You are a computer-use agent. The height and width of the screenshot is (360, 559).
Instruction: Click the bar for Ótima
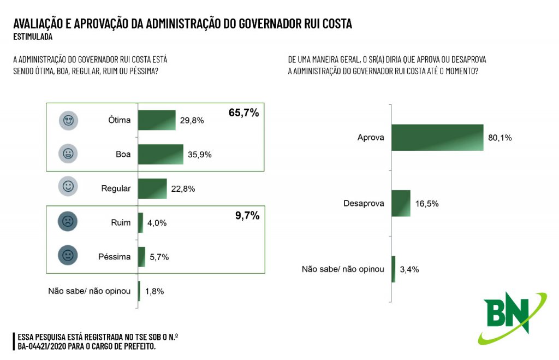157,120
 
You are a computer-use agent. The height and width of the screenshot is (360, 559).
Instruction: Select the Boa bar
160,154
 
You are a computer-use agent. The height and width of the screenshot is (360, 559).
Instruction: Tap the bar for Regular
152,188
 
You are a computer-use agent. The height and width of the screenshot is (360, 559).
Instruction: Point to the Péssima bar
142,257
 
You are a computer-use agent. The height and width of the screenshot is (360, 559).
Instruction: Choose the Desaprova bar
401,203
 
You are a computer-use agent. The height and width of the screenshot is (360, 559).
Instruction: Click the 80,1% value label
499,138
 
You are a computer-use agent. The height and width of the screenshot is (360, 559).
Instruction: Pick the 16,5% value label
427,204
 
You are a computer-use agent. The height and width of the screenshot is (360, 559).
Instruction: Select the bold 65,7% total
243,113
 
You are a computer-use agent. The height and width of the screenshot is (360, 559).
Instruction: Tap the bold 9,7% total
247,216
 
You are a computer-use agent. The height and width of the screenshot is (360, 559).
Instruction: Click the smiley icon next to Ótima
68,120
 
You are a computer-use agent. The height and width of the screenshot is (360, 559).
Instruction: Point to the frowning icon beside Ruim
68,222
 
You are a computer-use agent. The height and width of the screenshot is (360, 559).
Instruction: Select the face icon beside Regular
68,187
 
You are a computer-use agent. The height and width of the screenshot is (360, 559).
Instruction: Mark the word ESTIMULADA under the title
33,37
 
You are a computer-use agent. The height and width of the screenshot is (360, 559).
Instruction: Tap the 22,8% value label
183,189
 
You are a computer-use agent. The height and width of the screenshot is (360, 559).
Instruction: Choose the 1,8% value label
154,291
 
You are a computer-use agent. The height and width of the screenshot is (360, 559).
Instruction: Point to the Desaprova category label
364,204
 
